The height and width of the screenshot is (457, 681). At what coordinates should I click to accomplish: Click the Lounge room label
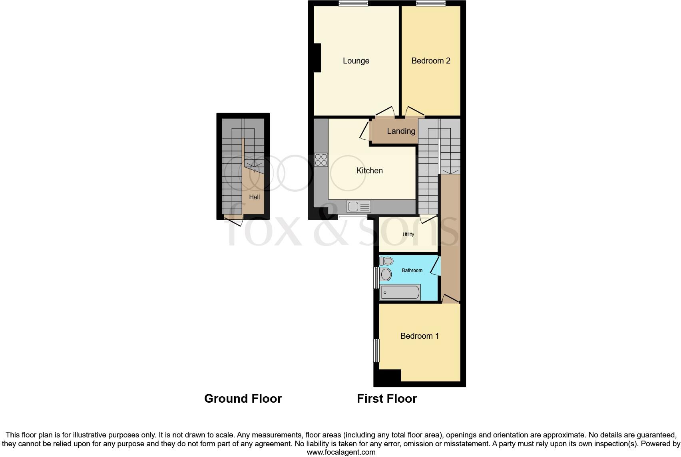[356, 61]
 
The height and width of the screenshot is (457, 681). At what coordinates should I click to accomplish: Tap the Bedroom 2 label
[431, 61]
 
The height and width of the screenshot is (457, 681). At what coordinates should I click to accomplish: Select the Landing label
[401, 131]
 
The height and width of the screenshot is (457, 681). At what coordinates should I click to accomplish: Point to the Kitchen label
[369, 171]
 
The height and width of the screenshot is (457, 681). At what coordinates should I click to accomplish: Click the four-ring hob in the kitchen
[321, 160]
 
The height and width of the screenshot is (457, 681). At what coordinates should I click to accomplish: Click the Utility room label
[408, 234]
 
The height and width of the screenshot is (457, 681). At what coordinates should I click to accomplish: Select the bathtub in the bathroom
[400, 292]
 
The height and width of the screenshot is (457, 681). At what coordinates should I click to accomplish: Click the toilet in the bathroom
[386, 261]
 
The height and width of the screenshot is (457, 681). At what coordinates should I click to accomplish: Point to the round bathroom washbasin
[386, 274]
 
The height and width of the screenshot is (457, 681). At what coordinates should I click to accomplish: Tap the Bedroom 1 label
[420, 336]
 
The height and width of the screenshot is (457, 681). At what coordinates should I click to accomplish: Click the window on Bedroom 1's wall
[376, 351]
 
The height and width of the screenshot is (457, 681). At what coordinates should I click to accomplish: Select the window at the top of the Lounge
[353, 4]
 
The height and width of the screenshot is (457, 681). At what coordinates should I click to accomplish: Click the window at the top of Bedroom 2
[431, 4]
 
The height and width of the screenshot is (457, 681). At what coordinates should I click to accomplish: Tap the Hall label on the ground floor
[254, 197]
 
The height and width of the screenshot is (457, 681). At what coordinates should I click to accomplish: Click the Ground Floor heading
[243, 399]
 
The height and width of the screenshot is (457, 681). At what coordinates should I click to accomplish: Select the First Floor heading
[386, 399]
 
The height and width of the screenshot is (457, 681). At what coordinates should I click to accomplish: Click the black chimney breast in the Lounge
[317, 58]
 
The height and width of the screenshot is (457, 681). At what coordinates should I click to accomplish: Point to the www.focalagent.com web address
[341, 452]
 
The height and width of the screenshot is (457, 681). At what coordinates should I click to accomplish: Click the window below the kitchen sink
[352, 217]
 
